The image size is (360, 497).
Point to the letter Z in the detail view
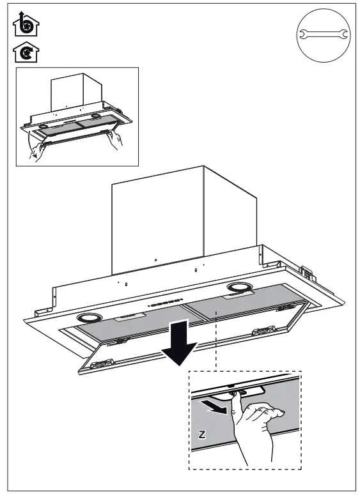202,434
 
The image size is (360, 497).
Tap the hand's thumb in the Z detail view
236,401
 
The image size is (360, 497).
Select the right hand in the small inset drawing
115,139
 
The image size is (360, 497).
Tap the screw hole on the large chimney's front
155,260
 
